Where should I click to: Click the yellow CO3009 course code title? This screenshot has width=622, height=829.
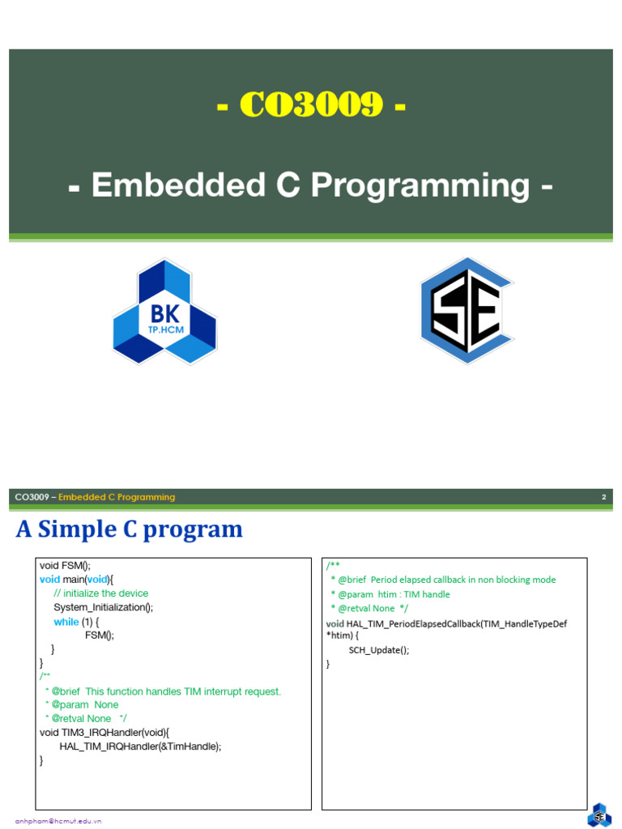pos(311,105)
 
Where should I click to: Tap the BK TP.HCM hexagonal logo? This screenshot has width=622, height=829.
pos(164,312)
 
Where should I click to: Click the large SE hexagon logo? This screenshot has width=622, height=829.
pos(466,311)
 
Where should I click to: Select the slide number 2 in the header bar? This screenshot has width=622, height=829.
pos(603,497)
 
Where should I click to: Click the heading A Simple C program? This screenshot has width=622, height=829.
pos(130,529)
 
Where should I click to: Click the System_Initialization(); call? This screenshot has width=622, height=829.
pos(103,607)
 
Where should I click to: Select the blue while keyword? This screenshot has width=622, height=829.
pos(66,622)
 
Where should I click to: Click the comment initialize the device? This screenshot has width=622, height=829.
pos(101,593)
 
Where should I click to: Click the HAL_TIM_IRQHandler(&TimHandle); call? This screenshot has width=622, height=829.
pos(140,746)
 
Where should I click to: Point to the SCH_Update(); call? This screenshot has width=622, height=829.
pos(378,649)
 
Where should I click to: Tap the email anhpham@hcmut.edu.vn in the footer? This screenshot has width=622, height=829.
pos(58,821)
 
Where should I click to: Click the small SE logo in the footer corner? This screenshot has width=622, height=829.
pos(600,815)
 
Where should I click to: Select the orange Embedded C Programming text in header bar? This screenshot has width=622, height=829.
pos(117,497)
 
